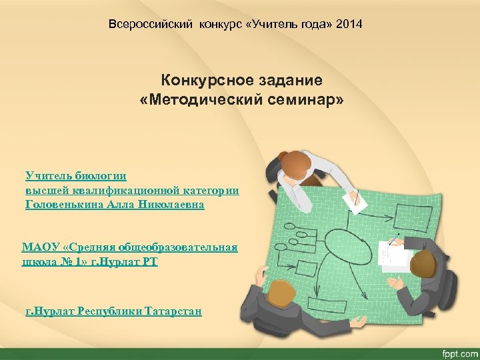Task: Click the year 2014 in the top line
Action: pos(350,25)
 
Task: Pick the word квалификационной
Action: pos(129,191)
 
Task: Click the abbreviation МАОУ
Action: pos(39,247)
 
